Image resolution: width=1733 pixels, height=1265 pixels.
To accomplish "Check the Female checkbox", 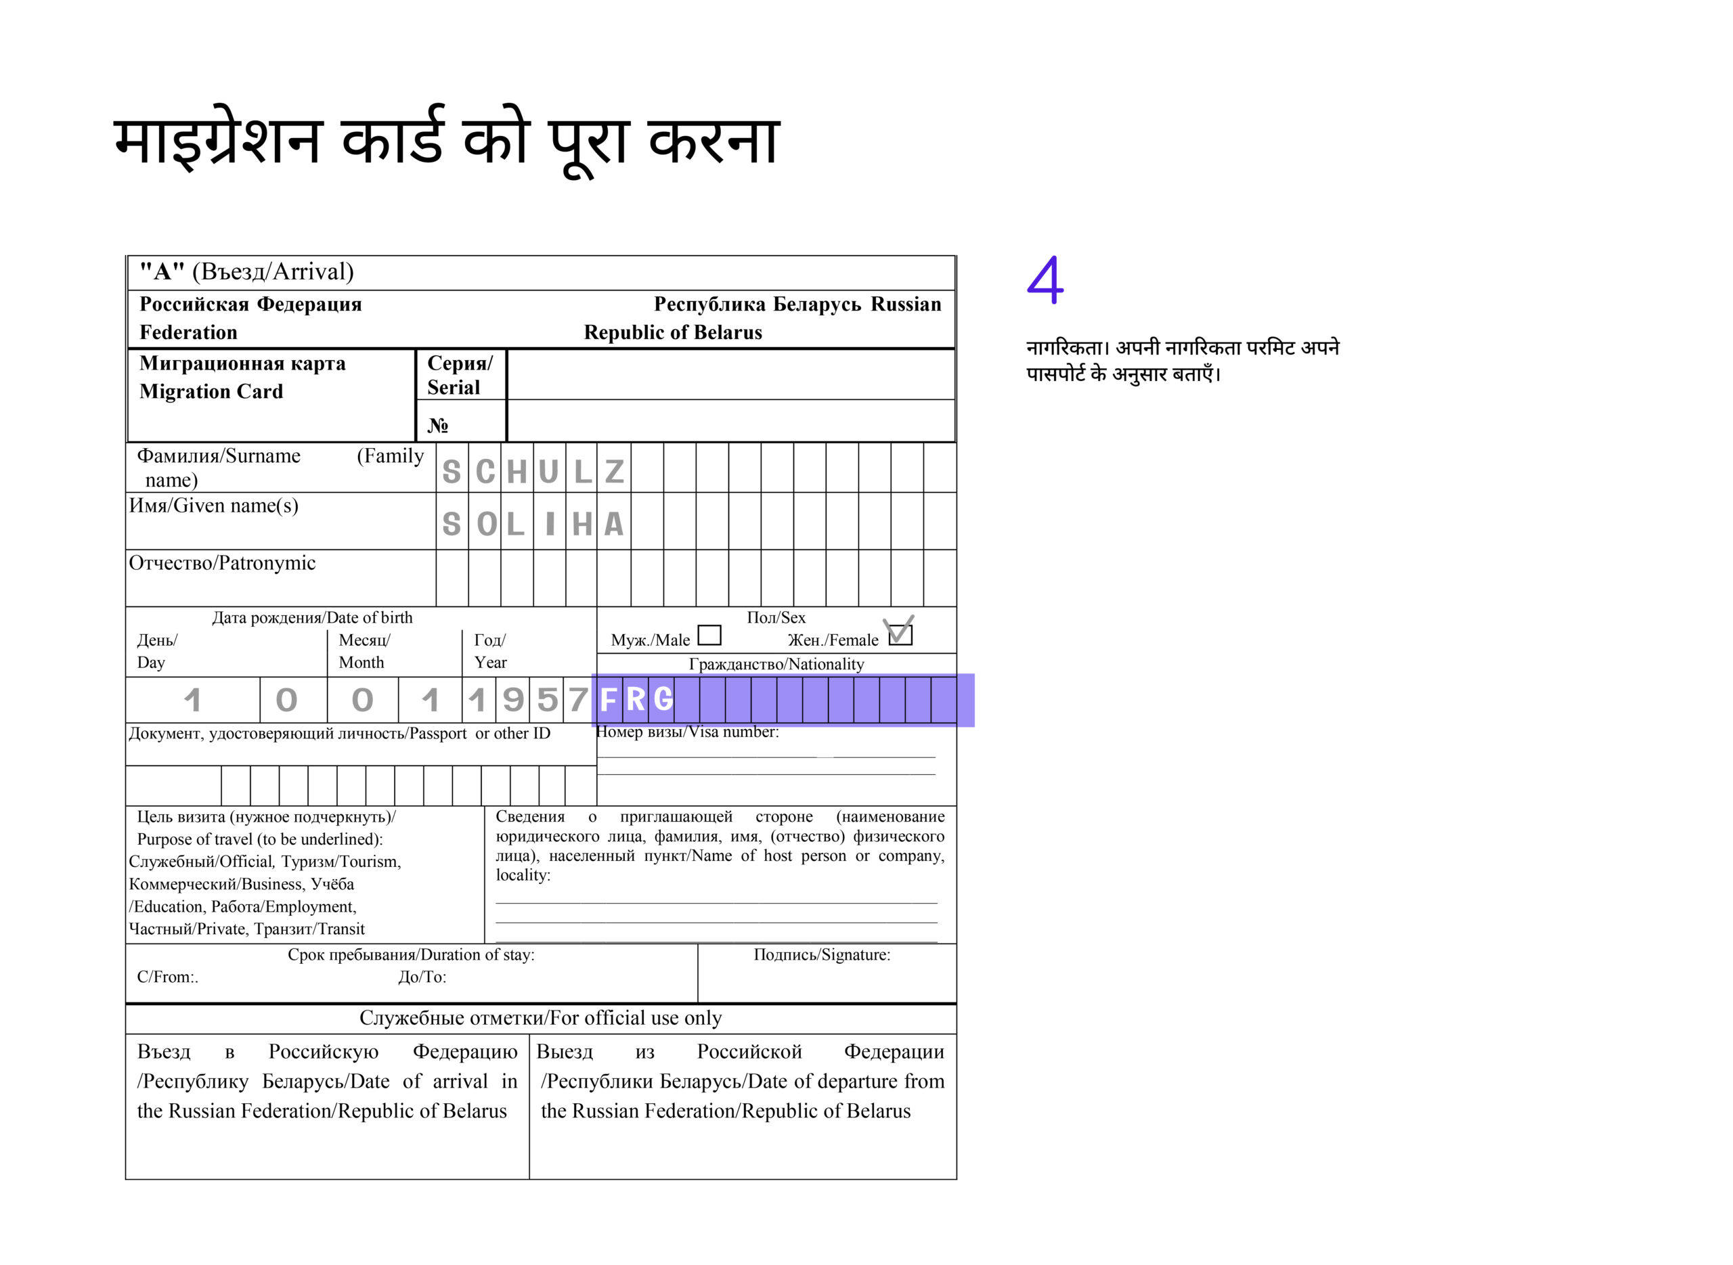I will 900,634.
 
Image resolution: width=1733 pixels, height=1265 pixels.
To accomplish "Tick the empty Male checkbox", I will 710,635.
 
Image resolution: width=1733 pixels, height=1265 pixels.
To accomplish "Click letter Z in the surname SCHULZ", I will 614,472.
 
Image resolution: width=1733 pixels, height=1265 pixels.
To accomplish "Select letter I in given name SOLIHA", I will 550,525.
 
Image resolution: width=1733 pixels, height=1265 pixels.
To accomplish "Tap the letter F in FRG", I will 609,699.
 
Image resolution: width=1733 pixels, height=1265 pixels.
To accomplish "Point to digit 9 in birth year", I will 512,700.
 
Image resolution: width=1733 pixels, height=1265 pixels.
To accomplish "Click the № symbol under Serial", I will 438,425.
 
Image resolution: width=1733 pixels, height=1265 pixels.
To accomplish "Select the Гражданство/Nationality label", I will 776,664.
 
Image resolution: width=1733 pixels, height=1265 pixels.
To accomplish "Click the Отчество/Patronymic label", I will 222,563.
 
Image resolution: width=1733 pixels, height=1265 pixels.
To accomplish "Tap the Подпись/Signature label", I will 822,954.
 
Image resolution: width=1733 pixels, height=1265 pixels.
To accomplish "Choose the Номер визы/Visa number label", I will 688,732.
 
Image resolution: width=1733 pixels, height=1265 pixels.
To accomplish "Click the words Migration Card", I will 211,391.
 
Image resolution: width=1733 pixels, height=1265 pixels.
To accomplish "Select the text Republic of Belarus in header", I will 672,332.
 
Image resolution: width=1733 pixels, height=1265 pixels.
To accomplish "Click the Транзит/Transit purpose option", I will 309,929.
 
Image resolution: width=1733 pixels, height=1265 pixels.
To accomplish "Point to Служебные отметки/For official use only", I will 540,1018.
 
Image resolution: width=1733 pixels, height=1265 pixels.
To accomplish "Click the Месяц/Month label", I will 364,651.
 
